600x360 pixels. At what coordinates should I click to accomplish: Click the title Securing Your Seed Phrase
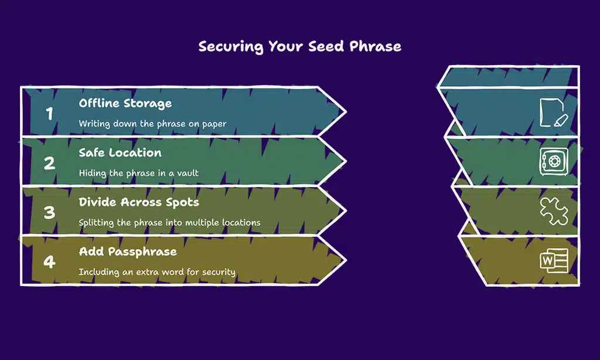299,47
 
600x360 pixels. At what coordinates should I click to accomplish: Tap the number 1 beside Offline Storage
49,113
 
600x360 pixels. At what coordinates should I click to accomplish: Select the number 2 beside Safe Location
49,163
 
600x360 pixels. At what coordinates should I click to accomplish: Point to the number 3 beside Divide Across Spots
49,212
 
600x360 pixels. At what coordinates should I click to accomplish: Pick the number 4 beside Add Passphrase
49,261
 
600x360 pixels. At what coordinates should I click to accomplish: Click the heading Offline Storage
125,103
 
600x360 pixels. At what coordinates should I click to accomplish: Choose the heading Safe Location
120,153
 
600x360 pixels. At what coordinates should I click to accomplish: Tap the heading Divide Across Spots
139,202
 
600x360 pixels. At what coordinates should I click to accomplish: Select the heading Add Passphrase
128,252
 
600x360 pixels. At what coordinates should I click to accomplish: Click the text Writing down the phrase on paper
152,124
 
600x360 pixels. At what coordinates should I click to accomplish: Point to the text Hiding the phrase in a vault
138,173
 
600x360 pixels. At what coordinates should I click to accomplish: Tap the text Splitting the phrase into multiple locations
169,223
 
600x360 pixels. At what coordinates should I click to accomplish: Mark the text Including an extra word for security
157,272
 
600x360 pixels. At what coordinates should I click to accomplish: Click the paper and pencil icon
554,113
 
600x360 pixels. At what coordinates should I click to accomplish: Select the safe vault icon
554,162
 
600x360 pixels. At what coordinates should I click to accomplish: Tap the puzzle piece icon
554,211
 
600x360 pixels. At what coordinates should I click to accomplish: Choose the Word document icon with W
554,260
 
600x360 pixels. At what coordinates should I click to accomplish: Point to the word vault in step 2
187,173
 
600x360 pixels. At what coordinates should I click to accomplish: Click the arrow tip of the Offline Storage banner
346,112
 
